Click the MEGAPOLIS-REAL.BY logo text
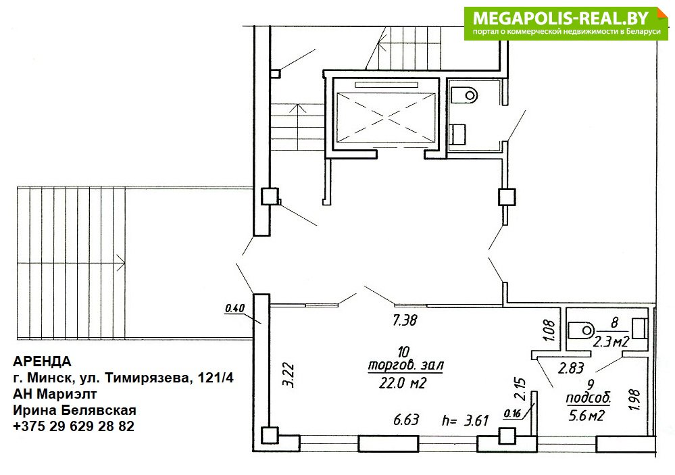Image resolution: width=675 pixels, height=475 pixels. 561,18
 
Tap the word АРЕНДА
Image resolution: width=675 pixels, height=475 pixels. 42,361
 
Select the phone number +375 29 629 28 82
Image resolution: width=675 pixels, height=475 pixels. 74,426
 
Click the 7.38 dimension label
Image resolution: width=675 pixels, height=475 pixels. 405,320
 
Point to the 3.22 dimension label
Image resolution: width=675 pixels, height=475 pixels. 290,376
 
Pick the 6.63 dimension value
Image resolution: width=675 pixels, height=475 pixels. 406,420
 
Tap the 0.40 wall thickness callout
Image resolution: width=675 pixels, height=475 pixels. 234,308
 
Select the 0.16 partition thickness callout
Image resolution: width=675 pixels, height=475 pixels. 512,414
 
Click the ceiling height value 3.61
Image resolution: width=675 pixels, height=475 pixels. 476,420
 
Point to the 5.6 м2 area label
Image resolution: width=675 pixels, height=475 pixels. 587,416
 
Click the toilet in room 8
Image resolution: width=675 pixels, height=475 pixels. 581,330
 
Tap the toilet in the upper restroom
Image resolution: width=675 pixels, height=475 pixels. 464,95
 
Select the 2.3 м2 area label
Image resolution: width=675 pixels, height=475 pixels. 611,342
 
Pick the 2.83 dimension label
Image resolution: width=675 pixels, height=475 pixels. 571,368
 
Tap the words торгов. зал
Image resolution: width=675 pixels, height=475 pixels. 405,366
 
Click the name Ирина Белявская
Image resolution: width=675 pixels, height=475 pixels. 74,410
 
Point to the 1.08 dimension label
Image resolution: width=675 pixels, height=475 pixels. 550,330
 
